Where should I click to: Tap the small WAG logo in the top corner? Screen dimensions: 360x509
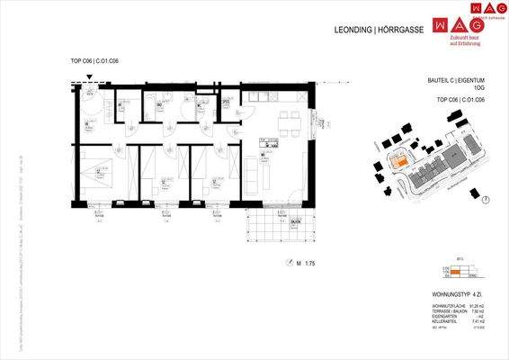(483, 7)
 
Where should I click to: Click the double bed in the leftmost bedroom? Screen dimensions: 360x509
(95, 170)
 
